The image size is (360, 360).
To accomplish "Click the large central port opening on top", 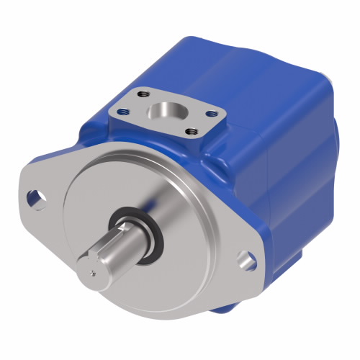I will (166, 112).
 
